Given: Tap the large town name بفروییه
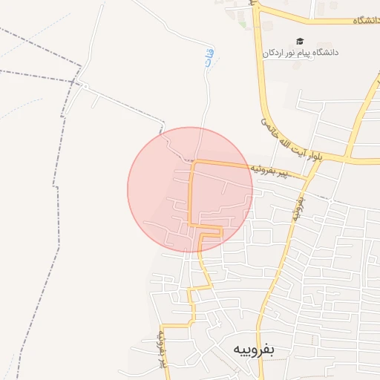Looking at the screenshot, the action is point(253,349).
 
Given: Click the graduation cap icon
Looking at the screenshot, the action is point(300,42).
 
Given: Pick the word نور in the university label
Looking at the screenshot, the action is point(295,53).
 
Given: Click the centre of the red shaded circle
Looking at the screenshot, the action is point(190,189).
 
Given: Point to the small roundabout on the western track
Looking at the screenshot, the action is point(84,87).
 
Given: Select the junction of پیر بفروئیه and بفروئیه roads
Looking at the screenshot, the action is point(306,178).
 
